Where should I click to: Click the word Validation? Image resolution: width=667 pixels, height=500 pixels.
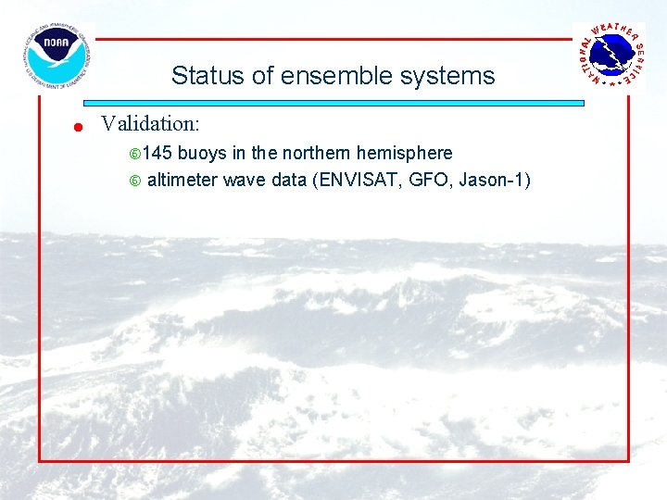tap(150, 123)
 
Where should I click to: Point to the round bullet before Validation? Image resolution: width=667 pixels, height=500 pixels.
tap(80, 127)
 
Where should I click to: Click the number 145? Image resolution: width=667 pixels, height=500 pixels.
tap(157, 153)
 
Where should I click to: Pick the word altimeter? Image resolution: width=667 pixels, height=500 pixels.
tap(182, 180)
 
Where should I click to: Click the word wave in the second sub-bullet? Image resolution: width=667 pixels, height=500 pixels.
tap(245, 180)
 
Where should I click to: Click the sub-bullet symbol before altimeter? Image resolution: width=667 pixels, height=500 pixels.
tap(134, 181)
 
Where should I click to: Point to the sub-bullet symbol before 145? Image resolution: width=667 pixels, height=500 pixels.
tap(134, 154)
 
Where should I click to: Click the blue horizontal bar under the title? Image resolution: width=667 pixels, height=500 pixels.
tap(333, 104)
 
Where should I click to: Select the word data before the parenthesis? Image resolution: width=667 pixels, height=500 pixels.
tap(291, 180)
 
